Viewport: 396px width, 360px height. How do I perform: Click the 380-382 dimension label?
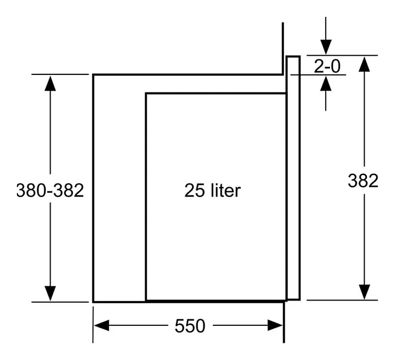click(x=50, y=190)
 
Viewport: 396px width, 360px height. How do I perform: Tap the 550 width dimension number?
click(x=190, y=326)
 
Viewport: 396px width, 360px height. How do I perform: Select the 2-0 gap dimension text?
click(x=327, y=67)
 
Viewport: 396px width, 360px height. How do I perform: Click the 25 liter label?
click(x=212, y=190)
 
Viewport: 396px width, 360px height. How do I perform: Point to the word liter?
click(x=226, y=190)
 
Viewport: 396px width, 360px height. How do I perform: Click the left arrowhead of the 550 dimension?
click(x=102, y=325)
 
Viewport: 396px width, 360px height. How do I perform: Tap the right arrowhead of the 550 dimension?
click(x=276, y=325)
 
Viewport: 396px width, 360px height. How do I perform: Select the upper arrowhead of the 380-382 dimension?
click(x=50, y=84)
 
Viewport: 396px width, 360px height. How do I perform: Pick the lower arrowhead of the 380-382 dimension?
click(x=50, y=293)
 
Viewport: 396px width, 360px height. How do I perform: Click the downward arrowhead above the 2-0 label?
click(x=326, y=47)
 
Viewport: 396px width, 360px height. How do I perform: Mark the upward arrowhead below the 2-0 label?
click(x=326, y=84)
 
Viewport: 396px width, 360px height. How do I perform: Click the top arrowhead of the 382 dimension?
click(x=364, y=64)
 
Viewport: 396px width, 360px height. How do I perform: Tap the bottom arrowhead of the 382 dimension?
click(x=364, y=292)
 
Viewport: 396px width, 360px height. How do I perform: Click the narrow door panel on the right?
click(x=294, y=178)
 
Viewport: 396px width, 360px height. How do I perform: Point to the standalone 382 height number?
click(x=363, y=181)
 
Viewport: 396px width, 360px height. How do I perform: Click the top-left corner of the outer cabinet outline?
click(x=94, y=75)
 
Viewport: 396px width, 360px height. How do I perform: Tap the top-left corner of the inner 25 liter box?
click(x=146, y=94)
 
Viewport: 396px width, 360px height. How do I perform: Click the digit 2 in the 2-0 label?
click(x=318, y=67)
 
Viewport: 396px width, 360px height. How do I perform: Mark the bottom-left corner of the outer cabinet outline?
click(x=94, y=302)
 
